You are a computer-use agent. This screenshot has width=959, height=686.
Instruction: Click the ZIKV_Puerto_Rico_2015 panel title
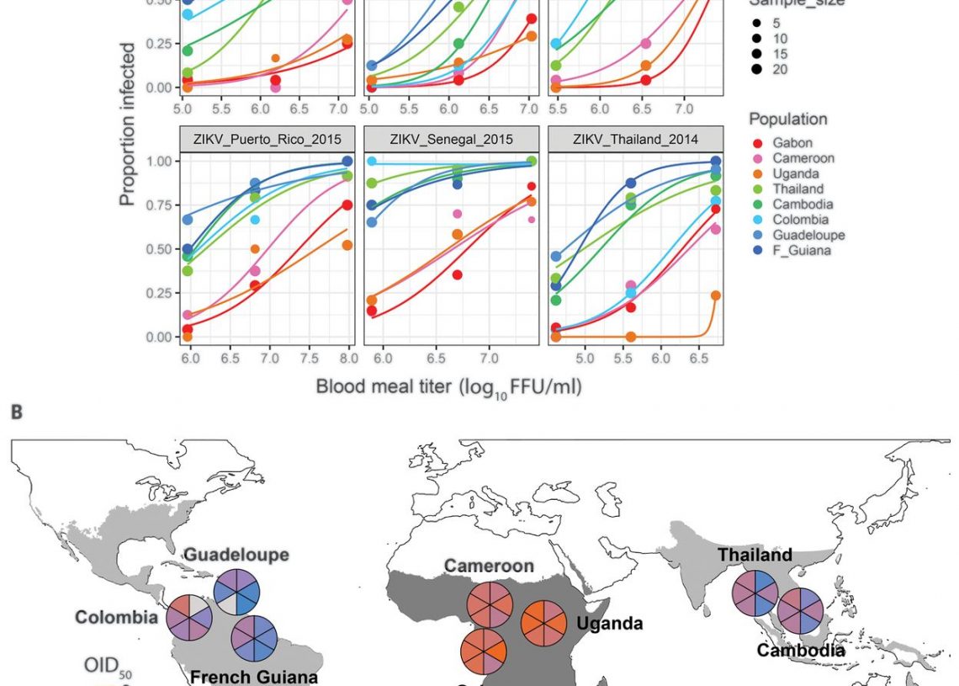pos(266,139)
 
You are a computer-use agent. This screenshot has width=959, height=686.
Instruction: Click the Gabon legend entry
pos(792,143)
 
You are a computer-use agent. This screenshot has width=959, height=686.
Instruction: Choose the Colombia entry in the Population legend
pos(798,220)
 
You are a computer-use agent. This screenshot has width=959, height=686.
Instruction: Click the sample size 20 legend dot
pos(757,70)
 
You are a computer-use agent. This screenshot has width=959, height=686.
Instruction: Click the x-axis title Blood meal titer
pos(448,387)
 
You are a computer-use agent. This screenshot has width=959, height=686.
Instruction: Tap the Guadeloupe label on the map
pos(236,555)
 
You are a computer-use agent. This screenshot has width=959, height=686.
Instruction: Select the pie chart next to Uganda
pos(543,623)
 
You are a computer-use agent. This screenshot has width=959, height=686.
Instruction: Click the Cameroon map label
pos(490,566)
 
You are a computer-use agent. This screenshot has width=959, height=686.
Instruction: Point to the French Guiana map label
pos(254,676)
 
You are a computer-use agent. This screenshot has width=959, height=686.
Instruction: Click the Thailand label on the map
pos(755,555)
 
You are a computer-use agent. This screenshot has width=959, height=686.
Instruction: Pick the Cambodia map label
pos(801,650)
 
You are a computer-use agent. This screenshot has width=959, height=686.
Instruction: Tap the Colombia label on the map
pos(116,617)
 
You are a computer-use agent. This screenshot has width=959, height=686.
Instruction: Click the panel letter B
pos(17,413)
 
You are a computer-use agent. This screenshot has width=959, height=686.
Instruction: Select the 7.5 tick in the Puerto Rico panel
pos(309,359)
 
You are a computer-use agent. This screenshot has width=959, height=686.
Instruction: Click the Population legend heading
pos(788,119)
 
